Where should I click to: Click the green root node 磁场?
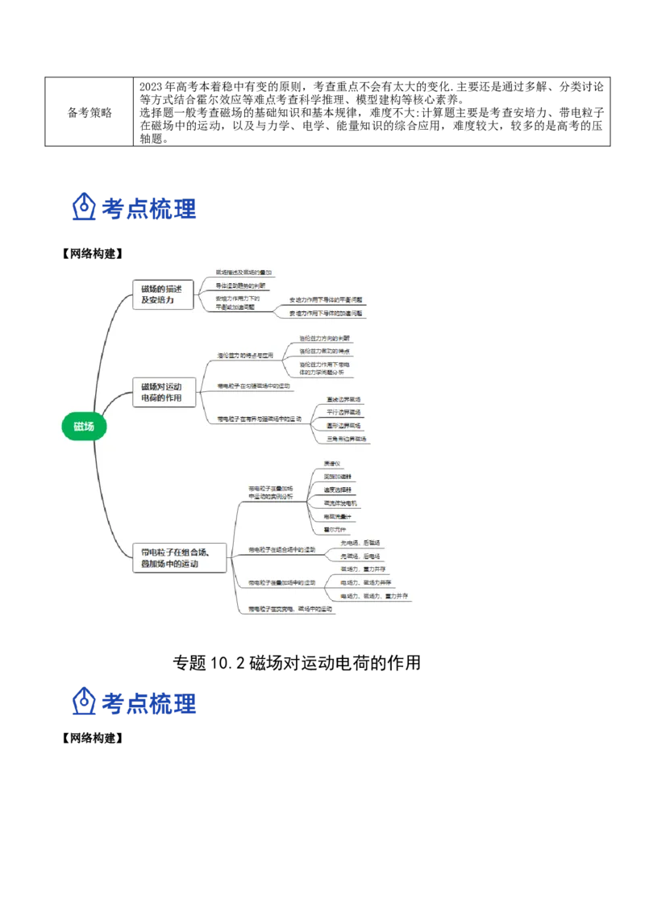[x=84, y=426]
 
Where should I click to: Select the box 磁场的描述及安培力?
[x=163, y=294]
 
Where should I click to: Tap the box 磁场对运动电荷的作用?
[x=163, y=393]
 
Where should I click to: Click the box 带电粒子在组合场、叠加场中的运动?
[x=176, y=558]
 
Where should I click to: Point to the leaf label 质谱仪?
[x=332, y=464]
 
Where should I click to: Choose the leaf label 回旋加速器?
[x=337, y=477]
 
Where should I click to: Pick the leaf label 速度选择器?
[x=337, y=490]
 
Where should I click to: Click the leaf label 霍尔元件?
[x=334, y=529]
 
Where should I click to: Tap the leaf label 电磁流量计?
[x=337, y=516]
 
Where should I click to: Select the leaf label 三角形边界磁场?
[x=346, y=439]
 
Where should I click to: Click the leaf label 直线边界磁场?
[x=343, y=399]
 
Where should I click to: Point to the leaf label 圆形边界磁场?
[x=343, y=425]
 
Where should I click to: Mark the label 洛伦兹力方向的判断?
[x=324, y=338]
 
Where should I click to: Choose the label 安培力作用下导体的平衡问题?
[x=326, y=299]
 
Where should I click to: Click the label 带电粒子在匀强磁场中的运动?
[x=253, y=386]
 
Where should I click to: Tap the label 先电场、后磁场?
[x=360, y=543]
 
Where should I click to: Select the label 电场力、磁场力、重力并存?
[x=374, y=596]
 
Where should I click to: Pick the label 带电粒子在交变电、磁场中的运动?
[x=290, y=609]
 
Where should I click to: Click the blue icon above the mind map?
[x=83, y=207]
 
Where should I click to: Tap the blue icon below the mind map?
[x=83, y=702]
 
